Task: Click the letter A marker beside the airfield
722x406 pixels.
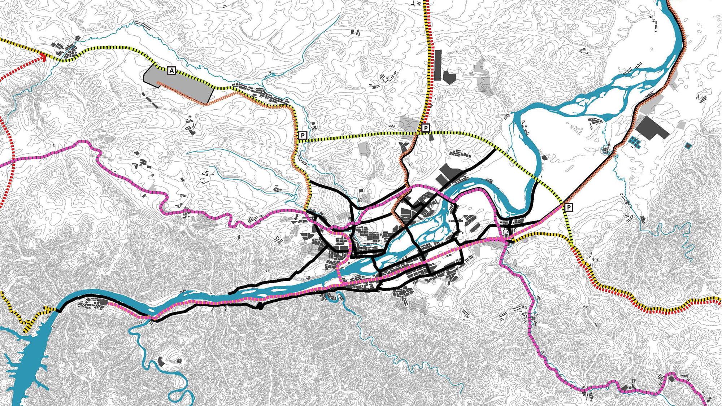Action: pos(171,71)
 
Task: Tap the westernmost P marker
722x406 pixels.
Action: pos(303,136)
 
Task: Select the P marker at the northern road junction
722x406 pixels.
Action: pos(426,128)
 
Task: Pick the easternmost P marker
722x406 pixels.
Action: pos(569,207)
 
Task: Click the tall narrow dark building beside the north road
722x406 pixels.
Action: pos(438,65)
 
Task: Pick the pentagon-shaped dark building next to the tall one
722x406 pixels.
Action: pos(449,77)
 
